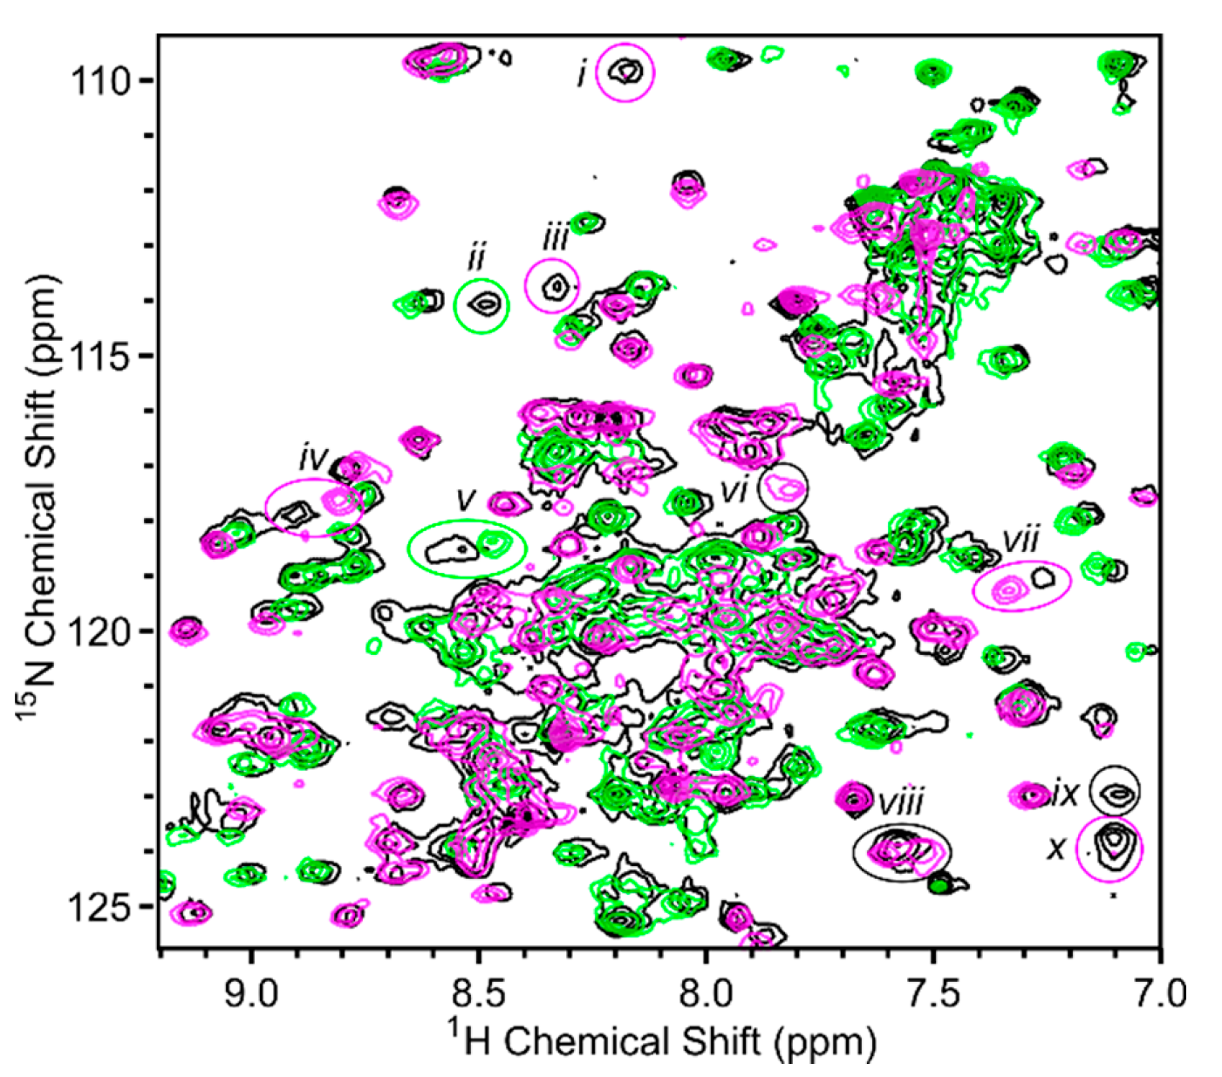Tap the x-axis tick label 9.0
click(251, 993)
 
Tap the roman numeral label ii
click(476, 259)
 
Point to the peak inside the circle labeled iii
click(556, 285)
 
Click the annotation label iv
click(312, 458)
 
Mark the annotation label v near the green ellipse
click(467, 499)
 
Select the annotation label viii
click(900, 802)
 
